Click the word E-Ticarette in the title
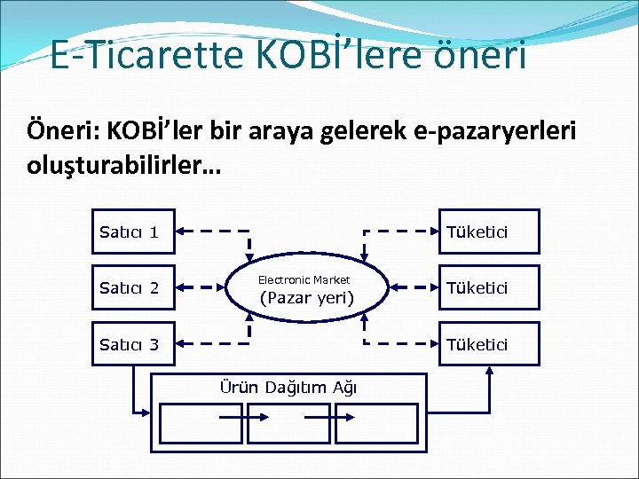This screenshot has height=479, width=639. tap(125, 55)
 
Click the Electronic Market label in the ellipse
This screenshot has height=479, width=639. tap(304, 279)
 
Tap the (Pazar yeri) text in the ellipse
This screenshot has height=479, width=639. tap(306, 298)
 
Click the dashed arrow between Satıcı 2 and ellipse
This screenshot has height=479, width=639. tap(202, 287)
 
